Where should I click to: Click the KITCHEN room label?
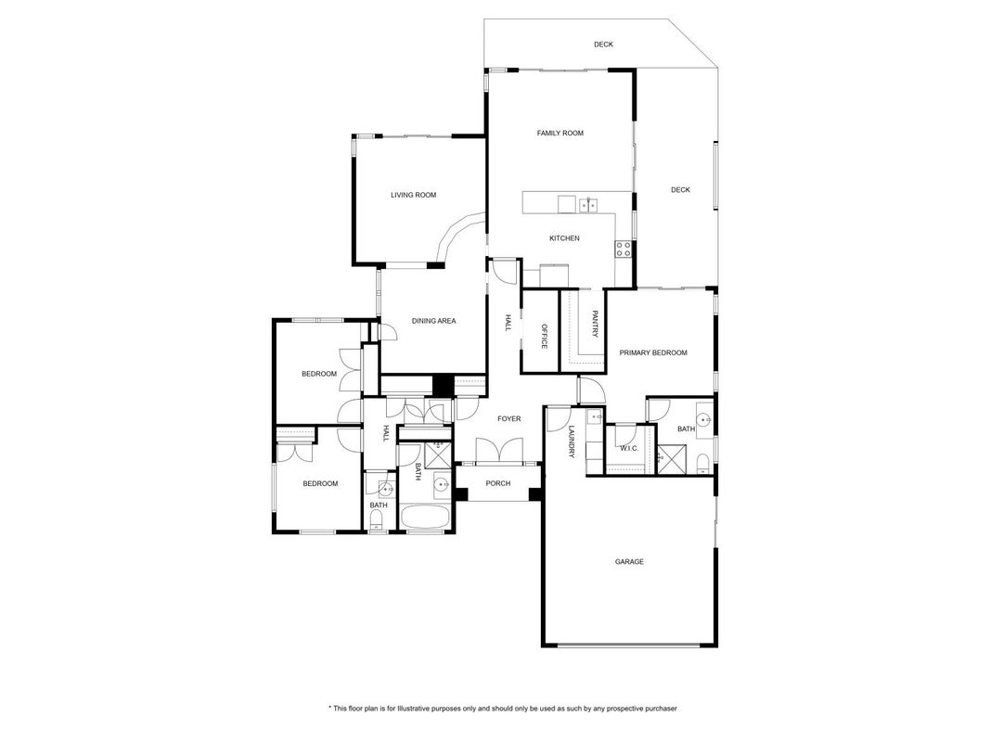[564, 238]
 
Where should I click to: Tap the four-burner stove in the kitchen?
[624, 249]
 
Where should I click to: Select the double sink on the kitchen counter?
[588, 205]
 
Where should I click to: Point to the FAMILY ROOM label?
[560, 134]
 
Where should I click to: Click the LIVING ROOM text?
[414, 195]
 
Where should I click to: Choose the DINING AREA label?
[433, 321]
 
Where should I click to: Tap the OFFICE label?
[545, 337]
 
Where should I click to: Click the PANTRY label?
[594, 324]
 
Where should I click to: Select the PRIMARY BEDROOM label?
[653, 352]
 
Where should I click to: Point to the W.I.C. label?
[629, 449]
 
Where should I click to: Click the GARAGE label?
[629, 561]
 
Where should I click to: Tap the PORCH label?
[498, 483]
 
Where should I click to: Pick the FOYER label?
[508, 419]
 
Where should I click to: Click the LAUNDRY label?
[572, 442]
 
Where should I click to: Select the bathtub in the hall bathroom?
[425, 518]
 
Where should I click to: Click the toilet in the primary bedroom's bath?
[702, 464]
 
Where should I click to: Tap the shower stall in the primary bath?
[671, 459]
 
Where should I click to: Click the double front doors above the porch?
[499, 451]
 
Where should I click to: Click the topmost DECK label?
[603, 45]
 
